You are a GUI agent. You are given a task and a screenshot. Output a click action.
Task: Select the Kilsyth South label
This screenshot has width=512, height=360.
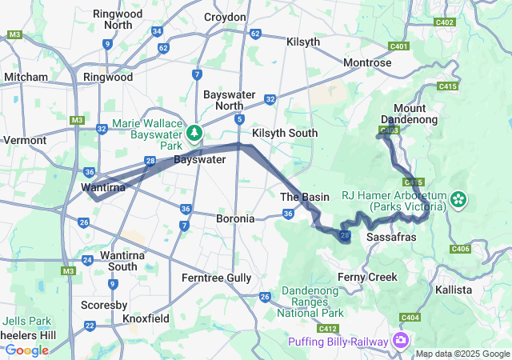tap(284, 132)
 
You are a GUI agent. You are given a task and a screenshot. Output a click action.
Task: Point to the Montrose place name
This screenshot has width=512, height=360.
tap(367, 62)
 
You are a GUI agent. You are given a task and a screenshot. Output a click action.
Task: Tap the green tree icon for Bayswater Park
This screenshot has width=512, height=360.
tap(194, 132)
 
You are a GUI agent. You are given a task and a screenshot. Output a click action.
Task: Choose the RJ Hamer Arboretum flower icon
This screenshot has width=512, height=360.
tap(458, 197)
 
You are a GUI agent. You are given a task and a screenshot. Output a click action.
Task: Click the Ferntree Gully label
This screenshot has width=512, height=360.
tap(216, 278)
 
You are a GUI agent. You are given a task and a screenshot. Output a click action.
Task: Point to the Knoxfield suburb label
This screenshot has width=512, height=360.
tap(146, 318)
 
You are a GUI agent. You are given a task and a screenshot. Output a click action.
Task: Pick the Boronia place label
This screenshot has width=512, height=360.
tap(235, 218)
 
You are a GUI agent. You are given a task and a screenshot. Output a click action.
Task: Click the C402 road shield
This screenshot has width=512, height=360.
tap(446, 22)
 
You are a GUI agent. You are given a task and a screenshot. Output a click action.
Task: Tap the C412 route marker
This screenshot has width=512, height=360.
tap(327, 329)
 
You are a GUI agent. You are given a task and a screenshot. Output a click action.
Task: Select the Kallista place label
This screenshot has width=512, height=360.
tap(454, 289)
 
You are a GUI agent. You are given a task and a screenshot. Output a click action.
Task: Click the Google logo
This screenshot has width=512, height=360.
tap(26, 350)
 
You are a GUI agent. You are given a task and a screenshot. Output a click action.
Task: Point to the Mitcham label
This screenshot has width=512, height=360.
tap(26, 77)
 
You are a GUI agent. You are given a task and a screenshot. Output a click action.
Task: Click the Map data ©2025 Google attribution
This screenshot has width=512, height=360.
tap(462, 354)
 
